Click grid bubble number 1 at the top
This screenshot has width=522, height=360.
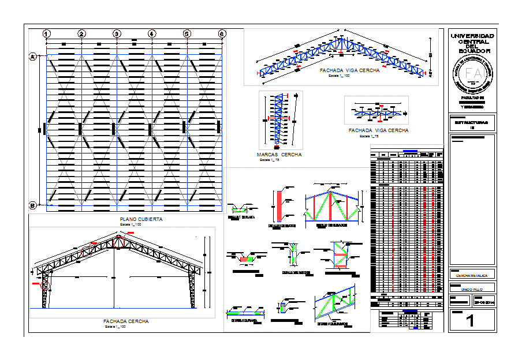tap(47, 34)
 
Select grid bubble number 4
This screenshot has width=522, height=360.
tap(152, 34)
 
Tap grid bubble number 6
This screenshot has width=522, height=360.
tap(222, 34)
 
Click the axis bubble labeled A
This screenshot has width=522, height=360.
tap(33, 56)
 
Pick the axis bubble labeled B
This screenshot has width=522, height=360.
tap(33, 205)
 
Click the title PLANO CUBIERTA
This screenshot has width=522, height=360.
tap(141, 219)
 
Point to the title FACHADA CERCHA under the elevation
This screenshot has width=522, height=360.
tap(126, 321)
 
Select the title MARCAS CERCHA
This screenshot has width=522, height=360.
tap(279, 155)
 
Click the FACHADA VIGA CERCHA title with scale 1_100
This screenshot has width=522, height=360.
tap(349, 70)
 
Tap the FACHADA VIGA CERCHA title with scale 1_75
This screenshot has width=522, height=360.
tap(378, 130)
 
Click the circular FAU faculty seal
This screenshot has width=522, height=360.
tap(472, 74)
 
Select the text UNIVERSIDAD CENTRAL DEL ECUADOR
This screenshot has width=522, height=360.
tap(472, 43)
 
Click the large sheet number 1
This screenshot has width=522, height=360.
tap(471, 321)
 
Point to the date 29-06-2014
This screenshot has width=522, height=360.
tap(484, 301)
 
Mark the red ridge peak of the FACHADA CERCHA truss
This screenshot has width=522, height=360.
tap(119, 237)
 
